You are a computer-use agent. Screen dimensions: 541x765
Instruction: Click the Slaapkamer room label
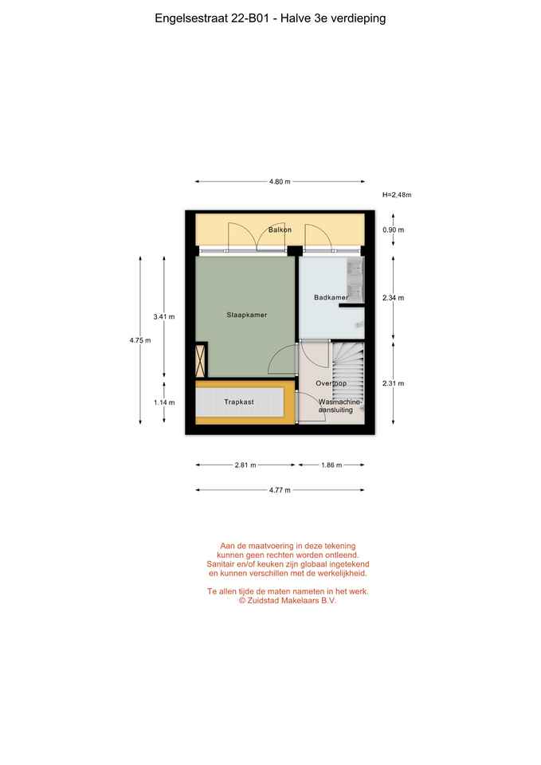coord(246,315)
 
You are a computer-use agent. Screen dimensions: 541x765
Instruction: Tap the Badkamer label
coord(331,297)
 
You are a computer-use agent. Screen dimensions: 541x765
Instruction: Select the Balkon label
coord(280,229)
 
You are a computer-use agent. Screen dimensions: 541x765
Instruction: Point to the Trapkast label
coord(239,402)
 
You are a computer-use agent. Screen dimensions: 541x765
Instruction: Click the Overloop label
coord(331,383)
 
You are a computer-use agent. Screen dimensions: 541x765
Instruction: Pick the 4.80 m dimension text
coord(280,182)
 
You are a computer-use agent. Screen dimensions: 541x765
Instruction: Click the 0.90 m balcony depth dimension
coord(393,229)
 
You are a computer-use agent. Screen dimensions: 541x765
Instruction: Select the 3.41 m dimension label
coord(164,316)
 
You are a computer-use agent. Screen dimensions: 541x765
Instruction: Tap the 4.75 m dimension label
coord(140,340)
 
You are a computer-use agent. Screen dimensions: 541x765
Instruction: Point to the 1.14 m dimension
coord(164,402)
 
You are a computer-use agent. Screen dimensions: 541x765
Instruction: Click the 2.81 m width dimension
coord(245,465)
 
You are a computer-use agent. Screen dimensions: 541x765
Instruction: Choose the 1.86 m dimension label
coord(331,465)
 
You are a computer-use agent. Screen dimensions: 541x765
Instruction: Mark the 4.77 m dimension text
coord(280,490)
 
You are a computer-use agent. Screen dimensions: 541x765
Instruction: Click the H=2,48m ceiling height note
coord(397,194)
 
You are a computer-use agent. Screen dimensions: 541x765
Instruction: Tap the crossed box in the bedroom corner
coord(199,361)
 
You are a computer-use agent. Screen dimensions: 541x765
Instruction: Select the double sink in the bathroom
coord(355,280)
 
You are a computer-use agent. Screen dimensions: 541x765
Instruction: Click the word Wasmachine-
coord(340,402)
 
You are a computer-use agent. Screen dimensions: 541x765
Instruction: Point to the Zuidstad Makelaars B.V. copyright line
coord(288,601)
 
